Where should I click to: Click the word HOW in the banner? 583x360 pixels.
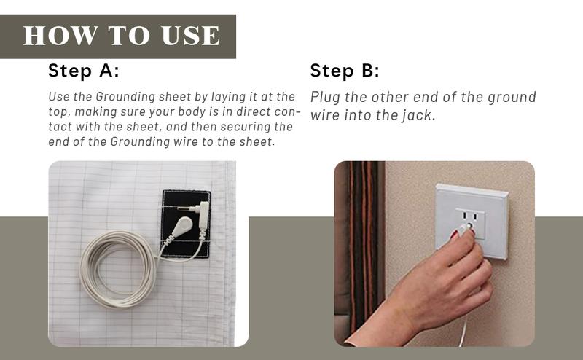60,36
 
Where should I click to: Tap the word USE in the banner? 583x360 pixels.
190,36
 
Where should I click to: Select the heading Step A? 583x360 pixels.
84,70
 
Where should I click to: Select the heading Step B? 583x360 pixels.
345,70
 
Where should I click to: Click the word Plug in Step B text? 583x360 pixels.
325,98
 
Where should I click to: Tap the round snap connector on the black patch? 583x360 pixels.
183,226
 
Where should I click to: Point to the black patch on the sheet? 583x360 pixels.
186,224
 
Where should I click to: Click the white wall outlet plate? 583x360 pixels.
472,221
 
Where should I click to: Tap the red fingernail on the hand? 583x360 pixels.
454,235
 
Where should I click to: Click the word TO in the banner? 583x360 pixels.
129,36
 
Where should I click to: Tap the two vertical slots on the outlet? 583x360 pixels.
469,216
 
